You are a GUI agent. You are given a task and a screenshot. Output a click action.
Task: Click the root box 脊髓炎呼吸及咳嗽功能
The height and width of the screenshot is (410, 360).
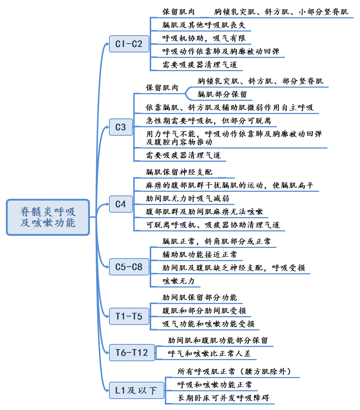[48, 217]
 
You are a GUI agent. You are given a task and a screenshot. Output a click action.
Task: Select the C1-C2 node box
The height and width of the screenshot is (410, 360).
[129, 44]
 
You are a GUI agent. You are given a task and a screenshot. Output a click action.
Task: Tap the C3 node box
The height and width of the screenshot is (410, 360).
[121, 127]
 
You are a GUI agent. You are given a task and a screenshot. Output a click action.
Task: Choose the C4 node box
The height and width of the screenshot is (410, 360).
[121, 204]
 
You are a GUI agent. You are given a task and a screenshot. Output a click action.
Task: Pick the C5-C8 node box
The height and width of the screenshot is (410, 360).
[129, 267]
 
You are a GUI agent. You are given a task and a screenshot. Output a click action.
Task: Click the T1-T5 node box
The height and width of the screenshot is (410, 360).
[129, 316]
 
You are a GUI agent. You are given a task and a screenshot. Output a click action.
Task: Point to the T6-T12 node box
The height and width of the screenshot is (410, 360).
[132, 352]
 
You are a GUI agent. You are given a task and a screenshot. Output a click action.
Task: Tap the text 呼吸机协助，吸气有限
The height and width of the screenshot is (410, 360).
[204, 38]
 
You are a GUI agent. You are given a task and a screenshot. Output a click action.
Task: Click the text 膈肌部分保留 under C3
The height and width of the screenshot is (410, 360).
[222, 94]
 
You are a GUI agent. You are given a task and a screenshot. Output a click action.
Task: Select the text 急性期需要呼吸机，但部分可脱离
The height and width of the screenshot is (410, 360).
[208, 121]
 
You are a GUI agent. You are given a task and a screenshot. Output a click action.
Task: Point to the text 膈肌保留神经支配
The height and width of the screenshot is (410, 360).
[179, 172]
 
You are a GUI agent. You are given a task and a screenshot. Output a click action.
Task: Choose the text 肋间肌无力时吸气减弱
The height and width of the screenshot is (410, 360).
[188, 198]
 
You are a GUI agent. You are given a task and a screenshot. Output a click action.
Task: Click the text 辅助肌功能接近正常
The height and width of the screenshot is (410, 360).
[200, 255]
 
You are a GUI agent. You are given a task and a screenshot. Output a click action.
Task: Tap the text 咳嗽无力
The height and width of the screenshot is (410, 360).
[176, 281]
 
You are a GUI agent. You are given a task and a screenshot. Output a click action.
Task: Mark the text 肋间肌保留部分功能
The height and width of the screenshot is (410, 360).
[200, 297]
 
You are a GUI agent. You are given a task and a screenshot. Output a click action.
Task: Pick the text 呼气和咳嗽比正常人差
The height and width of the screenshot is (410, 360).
[210, 354]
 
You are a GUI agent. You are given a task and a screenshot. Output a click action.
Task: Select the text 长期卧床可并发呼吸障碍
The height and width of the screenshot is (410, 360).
[226, 398]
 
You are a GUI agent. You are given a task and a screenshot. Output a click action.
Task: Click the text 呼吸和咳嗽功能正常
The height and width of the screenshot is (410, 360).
[215, 385]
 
